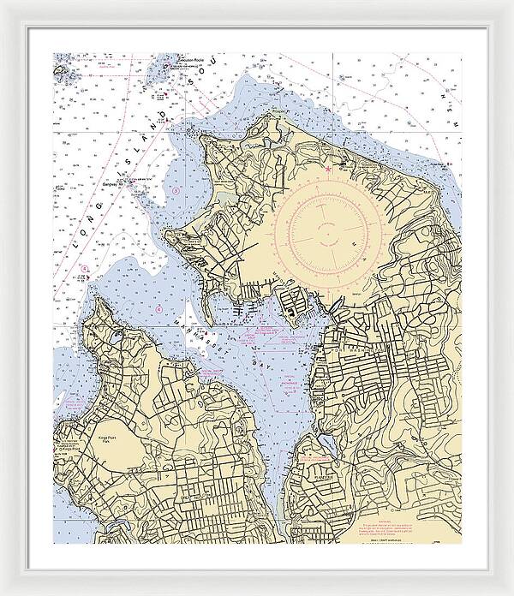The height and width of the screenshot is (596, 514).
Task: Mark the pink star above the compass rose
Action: click(327, 169)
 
